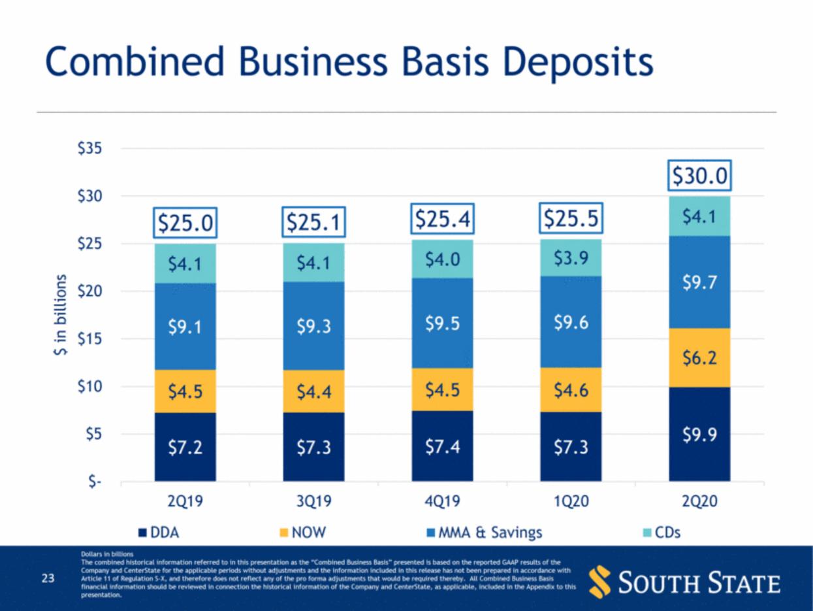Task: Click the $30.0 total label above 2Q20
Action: (x=699, y=176)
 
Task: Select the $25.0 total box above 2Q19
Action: (x=185, y=223)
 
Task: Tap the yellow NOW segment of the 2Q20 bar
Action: (x=699, y=358)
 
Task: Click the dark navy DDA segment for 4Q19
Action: (x=442, y=446)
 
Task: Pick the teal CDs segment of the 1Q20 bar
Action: (x=571, y=258)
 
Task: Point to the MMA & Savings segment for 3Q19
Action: (x=313, y=326)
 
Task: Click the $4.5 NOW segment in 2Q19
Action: (x=185, y=391)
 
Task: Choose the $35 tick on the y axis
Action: (x=89, y=148)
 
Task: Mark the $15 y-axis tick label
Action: (x=89, y=339)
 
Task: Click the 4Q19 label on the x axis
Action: (x=442, y=501)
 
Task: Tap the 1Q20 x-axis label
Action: (x=571, y=501)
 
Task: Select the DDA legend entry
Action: (x=159, y=533)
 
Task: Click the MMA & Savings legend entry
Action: (x=484, y=533)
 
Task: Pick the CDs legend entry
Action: (x=662, y=533)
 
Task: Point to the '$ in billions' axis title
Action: (x=60, y=315)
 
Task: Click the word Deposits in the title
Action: (x=578, y=63)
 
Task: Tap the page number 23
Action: (x=48, y=578)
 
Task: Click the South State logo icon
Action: (x=599, y=582)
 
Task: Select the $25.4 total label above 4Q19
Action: (x=442, y=219)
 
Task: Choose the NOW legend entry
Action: (x=302, y=533)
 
